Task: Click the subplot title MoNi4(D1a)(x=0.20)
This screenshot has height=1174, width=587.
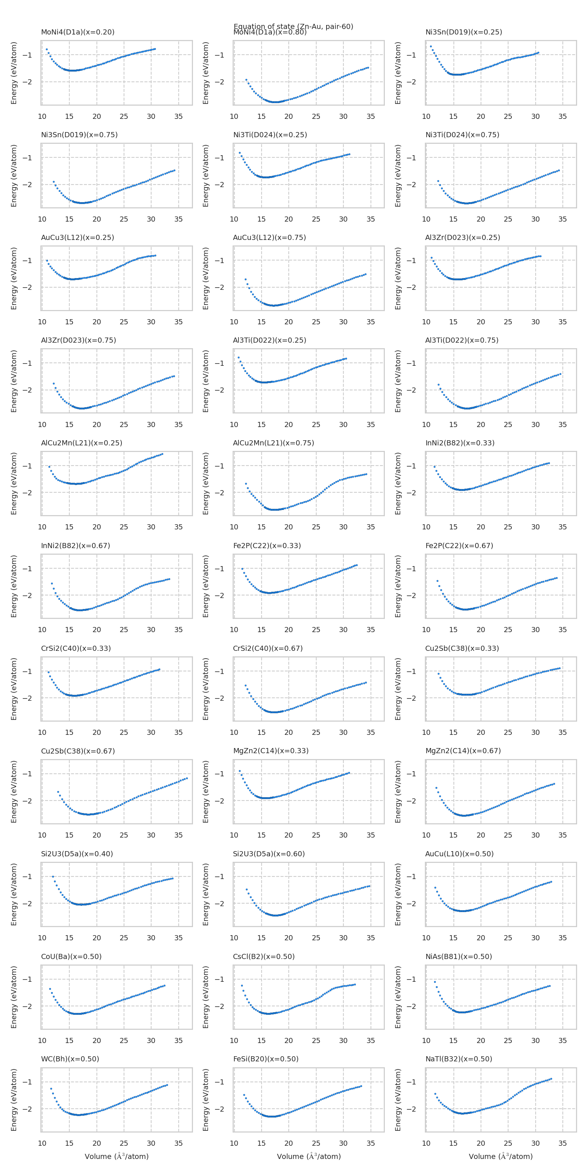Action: tap(77, 32)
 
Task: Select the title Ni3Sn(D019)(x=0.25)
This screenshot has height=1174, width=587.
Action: tap(463, 32)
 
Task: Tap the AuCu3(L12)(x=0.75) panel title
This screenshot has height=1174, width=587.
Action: tap(269, 237)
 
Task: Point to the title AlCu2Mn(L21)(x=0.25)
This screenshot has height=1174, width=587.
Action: tap(81, 443)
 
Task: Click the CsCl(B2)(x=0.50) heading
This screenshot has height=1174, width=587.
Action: tap(264, 956)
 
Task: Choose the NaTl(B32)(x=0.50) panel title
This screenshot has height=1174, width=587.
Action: tap(459, 1059)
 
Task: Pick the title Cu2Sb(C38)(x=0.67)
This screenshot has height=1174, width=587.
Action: tap(78, 751)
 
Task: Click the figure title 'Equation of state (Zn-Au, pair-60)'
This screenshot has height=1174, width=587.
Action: tap(293, 26)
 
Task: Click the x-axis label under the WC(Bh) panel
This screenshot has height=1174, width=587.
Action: tap(117, 1156)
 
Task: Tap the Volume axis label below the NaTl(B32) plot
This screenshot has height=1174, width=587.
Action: tap(500, 1156)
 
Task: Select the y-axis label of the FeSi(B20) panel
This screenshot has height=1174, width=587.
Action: tap(205, 1100)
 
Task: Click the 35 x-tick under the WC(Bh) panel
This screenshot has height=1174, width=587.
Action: tap(178, 1143)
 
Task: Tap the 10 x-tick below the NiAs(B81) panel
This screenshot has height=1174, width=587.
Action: tap(426, 1040)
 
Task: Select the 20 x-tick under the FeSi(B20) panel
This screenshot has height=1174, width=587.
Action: tap(288, 1143)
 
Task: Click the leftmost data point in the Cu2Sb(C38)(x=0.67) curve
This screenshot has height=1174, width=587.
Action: tap(58, 792)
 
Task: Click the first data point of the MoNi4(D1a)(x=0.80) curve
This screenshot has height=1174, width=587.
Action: tap(247, 80)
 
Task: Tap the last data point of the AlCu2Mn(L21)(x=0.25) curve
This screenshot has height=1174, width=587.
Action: tap(162, 454)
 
